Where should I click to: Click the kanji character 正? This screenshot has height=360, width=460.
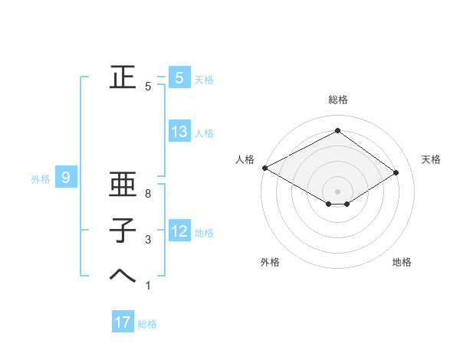[x=119, y=77]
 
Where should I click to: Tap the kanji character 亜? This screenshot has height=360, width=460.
[x=119, y=185]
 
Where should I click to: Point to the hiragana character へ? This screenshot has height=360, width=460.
[x=119, y=275]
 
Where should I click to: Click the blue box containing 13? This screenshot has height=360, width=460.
[x=179, y=132]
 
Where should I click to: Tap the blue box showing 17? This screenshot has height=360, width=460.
[x=123, y=322]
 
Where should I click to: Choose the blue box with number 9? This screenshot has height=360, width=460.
[x=66, y=178]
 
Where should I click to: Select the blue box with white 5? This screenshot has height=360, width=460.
[x=179, y=77]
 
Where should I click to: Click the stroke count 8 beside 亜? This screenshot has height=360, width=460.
[x=148, y=195]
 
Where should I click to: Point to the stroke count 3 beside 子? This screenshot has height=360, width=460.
[x=148, y=240]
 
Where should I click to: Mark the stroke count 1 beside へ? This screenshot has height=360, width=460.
[x=148, y=285]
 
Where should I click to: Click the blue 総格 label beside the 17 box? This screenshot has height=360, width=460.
[x=147, y=324]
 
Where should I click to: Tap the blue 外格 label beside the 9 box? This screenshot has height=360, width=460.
[x=41, y=180]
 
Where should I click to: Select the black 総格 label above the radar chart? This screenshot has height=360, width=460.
[x=337, y=100]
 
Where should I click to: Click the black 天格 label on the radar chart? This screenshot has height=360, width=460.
[x=431, y=159]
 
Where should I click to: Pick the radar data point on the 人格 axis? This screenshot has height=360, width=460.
[x=264, y=168]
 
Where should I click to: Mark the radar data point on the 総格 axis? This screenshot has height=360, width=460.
[x=337, y=130]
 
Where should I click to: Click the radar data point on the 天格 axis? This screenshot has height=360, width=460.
[x=396, y=172]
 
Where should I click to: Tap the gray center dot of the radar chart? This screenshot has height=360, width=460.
[x=337, y=191]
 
